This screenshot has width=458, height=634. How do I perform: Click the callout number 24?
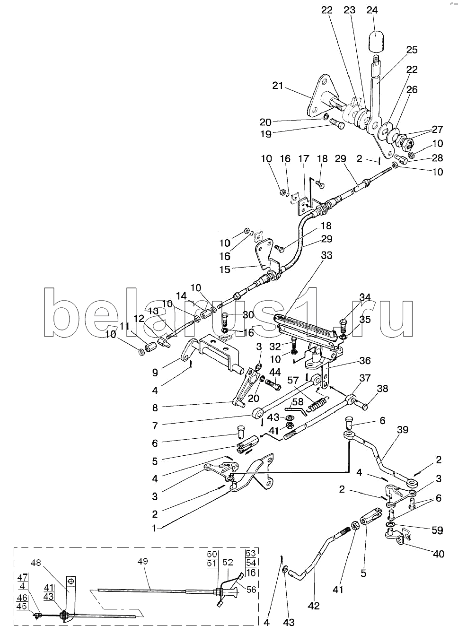[x=372, y=10]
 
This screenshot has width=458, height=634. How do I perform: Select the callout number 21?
[x=278, y=85]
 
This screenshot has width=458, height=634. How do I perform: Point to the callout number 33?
[x=326, y=255]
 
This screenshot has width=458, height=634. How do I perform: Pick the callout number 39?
[x=403, y=430]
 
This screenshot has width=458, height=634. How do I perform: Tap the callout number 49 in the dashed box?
[x=142, y=561]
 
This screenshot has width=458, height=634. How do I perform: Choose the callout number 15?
[x=225, y=269]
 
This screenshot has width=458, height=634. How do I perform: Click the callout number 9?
[x=155, y=373]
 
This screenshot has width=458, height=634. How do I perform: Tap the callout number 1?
[x=154, y=528]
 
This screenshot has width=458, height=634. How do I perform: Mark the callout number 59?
[x=437, y=530]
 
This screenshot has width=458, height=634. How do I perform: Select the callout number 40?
[x=439, y=554]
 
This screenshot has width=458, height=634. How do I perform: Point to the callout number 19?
[x=266, y=134]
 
